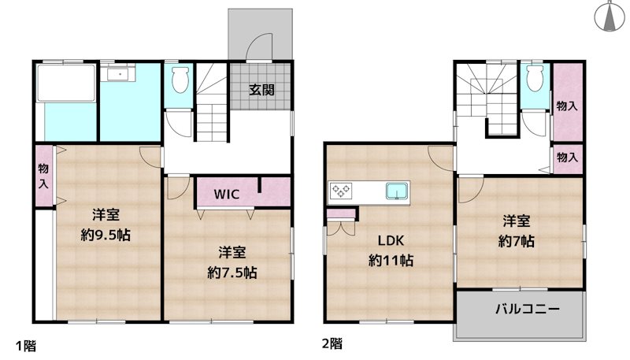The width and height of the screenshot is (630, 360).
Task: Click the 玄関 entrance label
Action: pyautogui.click(x=262, y=89)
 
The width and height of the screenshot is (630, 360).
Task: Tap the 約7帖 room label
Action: pyautogui.click(x=517, y=231)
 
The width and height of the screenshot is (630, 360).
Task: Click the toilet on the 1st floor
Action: pyautogui.click(x=178, y=80)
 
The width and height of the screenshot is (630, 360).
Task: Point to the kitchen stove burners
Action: pyautogui.click(x=342, y=190)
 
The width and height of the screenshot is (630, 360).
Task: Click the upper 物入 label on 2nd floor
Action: pyautogui.click(x=566, y=106)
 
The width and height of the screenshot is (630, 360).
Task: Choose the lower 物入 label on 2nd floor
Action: pyautogui.click(x=566, y=158)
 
